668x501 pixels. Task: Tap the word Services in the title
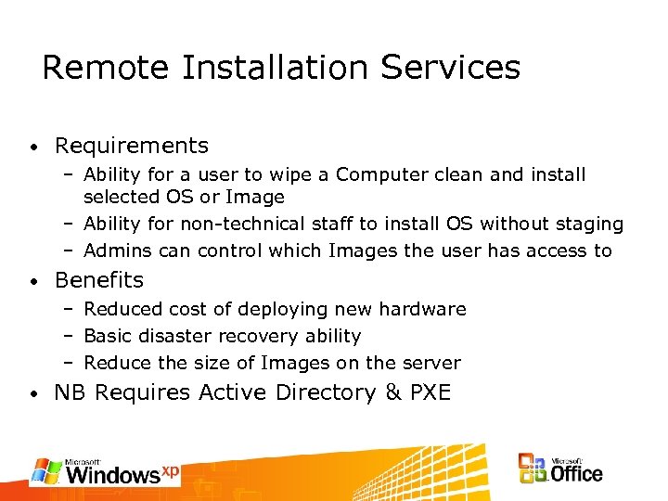coord(454,68)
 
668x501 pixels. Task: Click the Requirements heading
coord(132,146)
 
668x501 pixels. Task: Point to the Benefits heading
coord(99,280)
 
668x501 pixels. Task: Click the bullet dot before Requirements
coord(32,148)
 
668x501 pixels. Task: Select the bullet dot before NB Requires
coord(32,394)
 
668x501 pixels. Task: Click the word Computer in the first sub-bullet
coord(378,174)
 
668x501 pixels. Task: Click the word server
coord(431,363)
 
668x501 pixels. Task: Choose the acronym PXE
coord(430,392)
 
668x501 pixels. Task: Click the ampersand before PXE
coord(393,392)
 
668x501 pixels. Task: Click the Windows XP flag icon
coord(46,470)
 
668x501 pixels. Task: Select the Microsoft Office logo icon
coord(533,469)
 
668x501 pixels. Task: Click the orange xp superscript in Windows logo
coord(170,470)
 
